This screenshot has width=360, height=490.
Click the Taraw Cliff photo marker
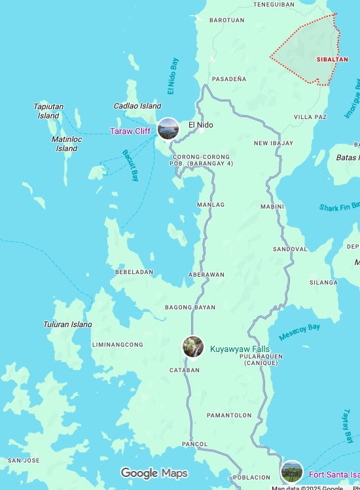pyautogui.click(x=168, y=129)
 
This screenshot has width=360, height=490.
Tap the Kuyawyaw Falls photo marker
pyautogui.click(x=192, y=347)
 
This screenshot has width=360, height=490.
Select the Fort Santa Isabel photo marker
pyautogui.click(x=292, y=471)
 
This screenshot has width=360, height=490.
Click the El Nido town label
pyautogui.click(x=201, y=125)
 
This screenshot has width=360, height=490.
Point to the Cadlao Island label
pyautogui.click(x=137, y=106)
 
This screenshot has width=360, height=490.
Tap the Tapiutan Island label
pyautogui.click(x=48, y=111)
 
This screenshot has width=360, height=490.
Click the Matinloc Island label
pyautogui.click(x=66, y=144)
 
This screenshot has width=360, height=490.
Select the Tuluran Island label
pyautogui.click(x=68, y=324)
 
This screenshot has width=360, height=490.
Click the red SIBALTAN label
pyautogui.click(x=332, y=60)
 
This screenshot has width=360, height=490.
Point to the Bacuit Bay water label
pyautogui.click(x=130, y=165)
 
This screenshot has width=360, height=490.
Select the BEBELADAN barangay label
pyautogui.click(x=134, y=271)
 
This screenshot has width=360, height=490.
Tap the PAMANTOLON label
pyautogui.click(x=229, y=415)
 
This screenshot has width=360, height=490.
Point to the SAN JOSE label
pyautogui.click(x=24, y=461)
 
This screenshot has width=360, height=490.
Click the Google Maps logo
pyautogui.click(x=154, y=473)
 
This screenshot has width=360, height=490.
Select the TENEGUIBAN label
pyautogui.click(x=274, y=4)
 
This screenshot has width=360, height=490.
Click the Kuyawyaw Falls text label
pyautogui.click(x=240, y=349)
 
